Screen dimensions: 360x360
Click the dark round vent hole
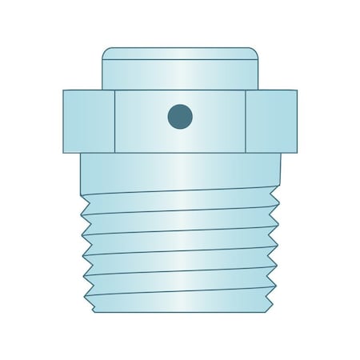(x=180, y=116)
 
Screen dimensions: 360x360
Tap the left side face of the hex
(x=89, y=120)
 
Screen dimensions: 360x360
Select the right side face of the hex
(x=271, y=120)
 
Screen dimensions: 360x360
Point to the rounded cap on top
(x=180, y=72)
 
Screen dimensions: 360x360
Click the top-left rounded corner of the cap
(x=106, y=52)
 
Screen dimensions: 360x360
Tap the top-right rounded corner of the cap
(x=254, y=52)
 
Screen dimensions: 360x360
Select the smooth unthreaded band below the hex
(x=180, y=172)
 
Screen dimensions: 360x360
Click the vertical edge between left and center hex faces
(x=115, y=120)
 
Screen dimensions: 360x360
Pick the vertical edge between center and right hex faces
(x=246, y=120)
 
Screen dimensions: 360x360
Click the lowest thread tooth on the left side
(x=88, y=302)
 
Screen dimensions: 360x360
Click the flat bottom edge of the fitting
(x=180, y=312)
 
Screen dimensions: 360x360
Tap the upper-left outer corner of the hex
(x=64, y=90)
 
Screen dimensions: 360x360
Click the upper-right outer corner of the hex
(x=296, y=90)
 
